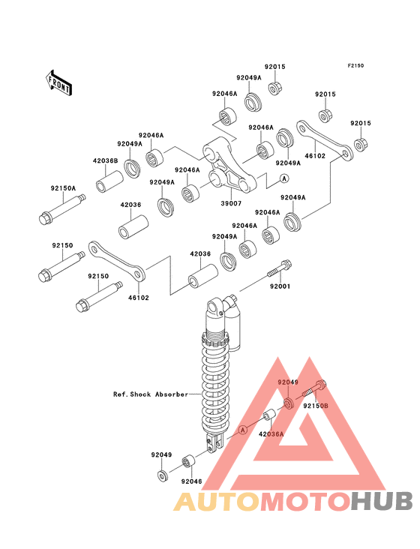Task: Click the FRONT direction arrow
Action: pyautogui.click(x=58, y=83)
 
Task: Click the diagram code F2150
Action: pyautogui.click(x=355, y=65)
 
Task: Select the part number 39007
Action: pyautogui.click(x=231, y=203)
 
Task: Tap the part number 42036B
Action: pyautogui.click(x=105, y=160)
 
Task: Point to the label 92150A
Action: pyautogui.click(x=63, y=188)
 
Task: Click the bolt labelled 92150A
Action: pyautogui.click(x=62, y=209)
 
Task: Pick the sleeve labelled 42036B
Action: pyautogui.click(x=109, y=181)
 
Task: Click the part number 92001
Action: pyautogui.click(x=280, y=286)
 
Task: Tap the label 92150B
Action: pyautogui.click(x=316, y=406)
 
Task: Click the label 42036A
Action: pyautogui.click(x=271, y=434)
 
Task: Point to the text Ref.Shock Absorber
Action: pyautogui.click(x=151, y=394)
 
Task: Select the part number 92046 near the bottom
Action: pyautogui.click(x=191, y=481)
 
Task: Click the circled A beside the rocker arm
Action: pyautogui.click(x=284, y=178)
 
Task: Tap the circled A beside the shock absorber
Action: pyautogui.click(x=242, y=429)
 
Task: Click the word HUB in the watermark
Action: pyautogui.click(x=382, y=501)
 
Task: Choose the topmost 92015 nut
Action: pyautogui.click(x=275, y=88)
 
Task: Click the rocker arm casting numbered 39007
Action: pyautogui.click(x=229, y=165)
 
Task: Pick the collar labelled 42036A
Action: pyautogui.click(x=270, y=415)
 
